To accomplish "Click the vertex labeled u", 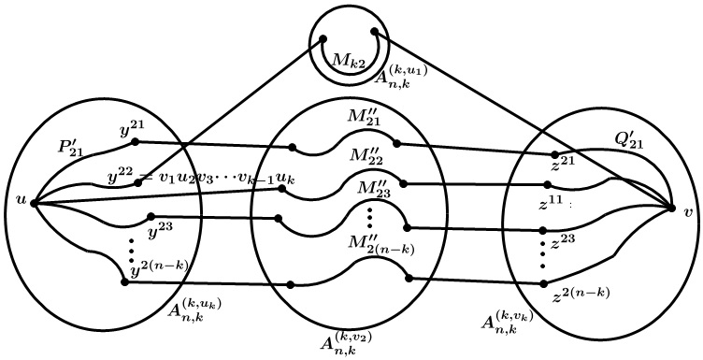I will pos(34,202).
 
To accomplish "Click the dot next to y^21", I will pos(136,142).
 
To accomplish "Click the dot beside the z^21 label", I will pos(554,154).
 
